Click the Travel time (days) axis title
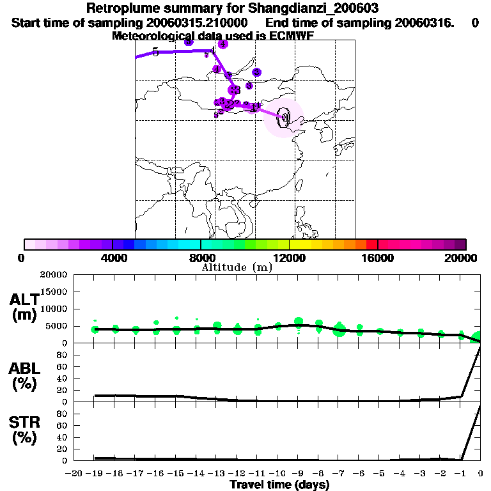point(279,485)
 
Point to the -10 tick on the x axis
point(277,473)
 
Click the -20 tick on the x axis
point(75,473)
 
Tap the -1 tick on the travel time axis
point(460,473)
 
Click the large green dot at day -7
point(339,330)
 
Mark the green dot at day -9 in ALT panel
point(299,322)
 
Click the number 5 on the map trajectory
point(155,52)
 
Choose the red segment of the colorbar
point(372,244)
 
